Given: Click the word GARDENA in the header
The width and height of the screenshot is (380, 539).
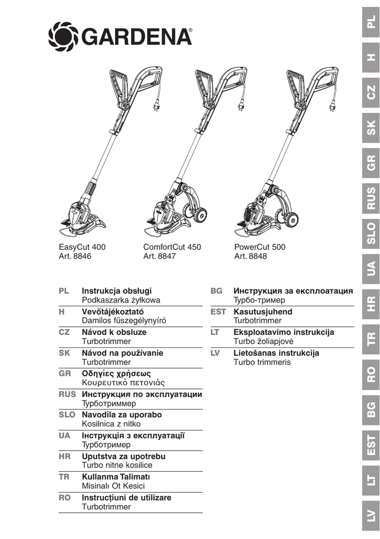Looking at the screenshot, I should pyautogui.click(x=136, y=37).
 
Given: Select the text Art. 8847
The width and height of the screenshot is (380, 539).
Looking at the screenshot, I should pyautogui.click(x=159, y=256).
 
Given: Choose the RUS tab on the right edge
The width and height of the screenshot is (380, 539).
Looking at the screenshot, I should pyautogui.click(x=372, y=198).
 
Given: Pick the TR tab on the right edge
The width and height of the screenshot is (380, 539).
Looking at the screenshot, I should pyautogui.click(x=372, y=339).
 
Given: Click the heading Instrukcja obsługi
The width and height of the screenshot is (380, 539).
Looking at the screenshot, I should pyautogui.click(x=117, y=291).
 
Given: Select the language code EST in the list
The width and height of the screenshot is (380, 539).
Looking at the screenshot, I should pyautogui.click(x=218, y=312).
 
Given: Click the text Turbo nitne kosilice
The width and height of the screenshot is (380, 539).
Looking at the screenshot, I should pyautogui.click(x=117, y=465).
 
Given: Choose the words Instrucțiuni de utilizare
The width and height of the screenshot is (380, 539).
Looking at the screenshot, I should pyautogui.click(x=127, y=497).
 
